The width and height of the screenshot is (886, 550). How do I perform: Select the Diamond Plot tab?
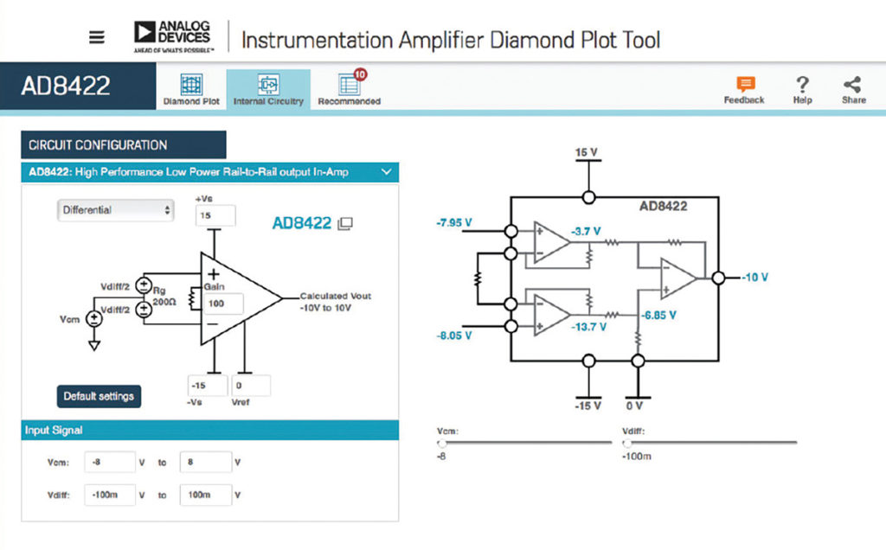click(x=191, y=89)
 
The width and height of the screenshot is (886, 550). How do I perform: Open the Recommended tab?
click(x=349, y=89)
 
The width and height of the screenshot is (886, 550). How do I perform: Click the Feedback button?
click(x=744, y=89)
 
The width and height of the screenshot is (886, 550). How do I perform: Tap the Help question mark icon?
click(x=802, y=89)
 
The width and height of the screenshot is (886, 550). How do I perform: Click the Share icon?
click(x=852, y=89)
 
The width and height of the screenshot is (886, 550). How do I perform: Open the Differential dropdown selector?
click(x=115, y=209)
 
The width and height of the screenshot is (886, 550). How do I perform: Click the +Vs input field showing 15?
click(x=215, y=215)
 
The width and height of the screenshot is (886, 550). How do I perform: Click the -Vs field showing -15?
click(x=207, y=386)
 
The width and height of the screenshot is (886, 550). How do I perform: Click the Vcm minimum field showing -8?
click(x=110, y=462)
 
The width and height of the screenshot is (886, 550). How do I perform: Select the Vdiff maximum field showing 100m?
click(x=205, y=495)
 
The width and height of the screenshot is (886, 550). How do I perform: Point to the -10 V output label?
click(x=754, y=278)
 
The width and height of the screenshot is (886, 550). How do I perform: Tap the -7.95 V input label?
click(x=454, y=223)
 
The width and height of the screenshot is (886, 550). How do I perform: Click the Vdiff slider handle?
click(x=627, y=442)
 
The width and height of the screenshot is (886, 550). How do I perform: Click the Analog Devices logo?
click(x=172, y=36)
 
